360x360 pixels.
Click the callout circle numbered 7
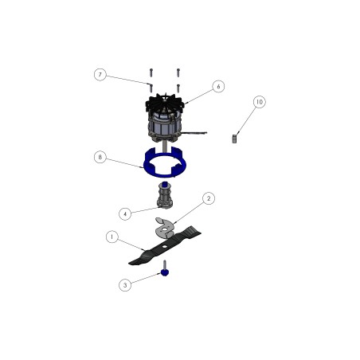pyautogui.click(x=100, y=75)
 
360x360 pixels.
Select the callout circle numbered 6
pyautogui.click(x=218, y=87)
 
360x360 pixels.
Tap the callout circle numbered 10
pyautogui.click(x=260, y=102)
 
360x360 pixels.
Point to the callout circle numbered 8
pyautogui.click(x=100, y=157)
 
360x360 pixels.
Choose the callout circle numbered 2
pyautogui.click(x=209, y=198)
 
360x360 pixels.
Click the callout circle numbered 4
pyautogui.click(x=125, y=213)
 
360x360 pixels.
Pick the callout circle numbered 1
pyautogui.click(x=112, y=237)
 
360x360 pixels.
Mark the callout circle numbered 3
pyautogui.click(x=125, y=285)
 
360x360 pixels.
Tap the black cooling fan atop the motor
pyautogui.click(x=165, y=103)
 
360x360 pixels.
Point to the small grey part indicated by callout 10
pyautogui.click(x=234, y=139)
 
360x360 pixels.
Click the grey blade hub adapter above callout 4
pyautogui.click(x=165, y=196)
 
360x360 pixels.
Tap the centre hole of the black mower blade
pyautogui.click(x=165, y=247)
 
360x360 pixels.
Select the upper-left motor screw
pyautogui.click(x=151, y=72)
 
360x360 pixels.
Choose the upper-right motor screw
pyautogui.click(x=178, y=72)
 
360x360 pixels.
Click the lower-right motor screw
pyautogui.click(x=178, y=88)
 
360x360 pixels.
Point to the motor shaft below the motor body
pyautogui.click(x=165, y=147)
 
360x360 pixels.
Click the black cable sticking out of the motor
pyautogui.click(x=195, y=132)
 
